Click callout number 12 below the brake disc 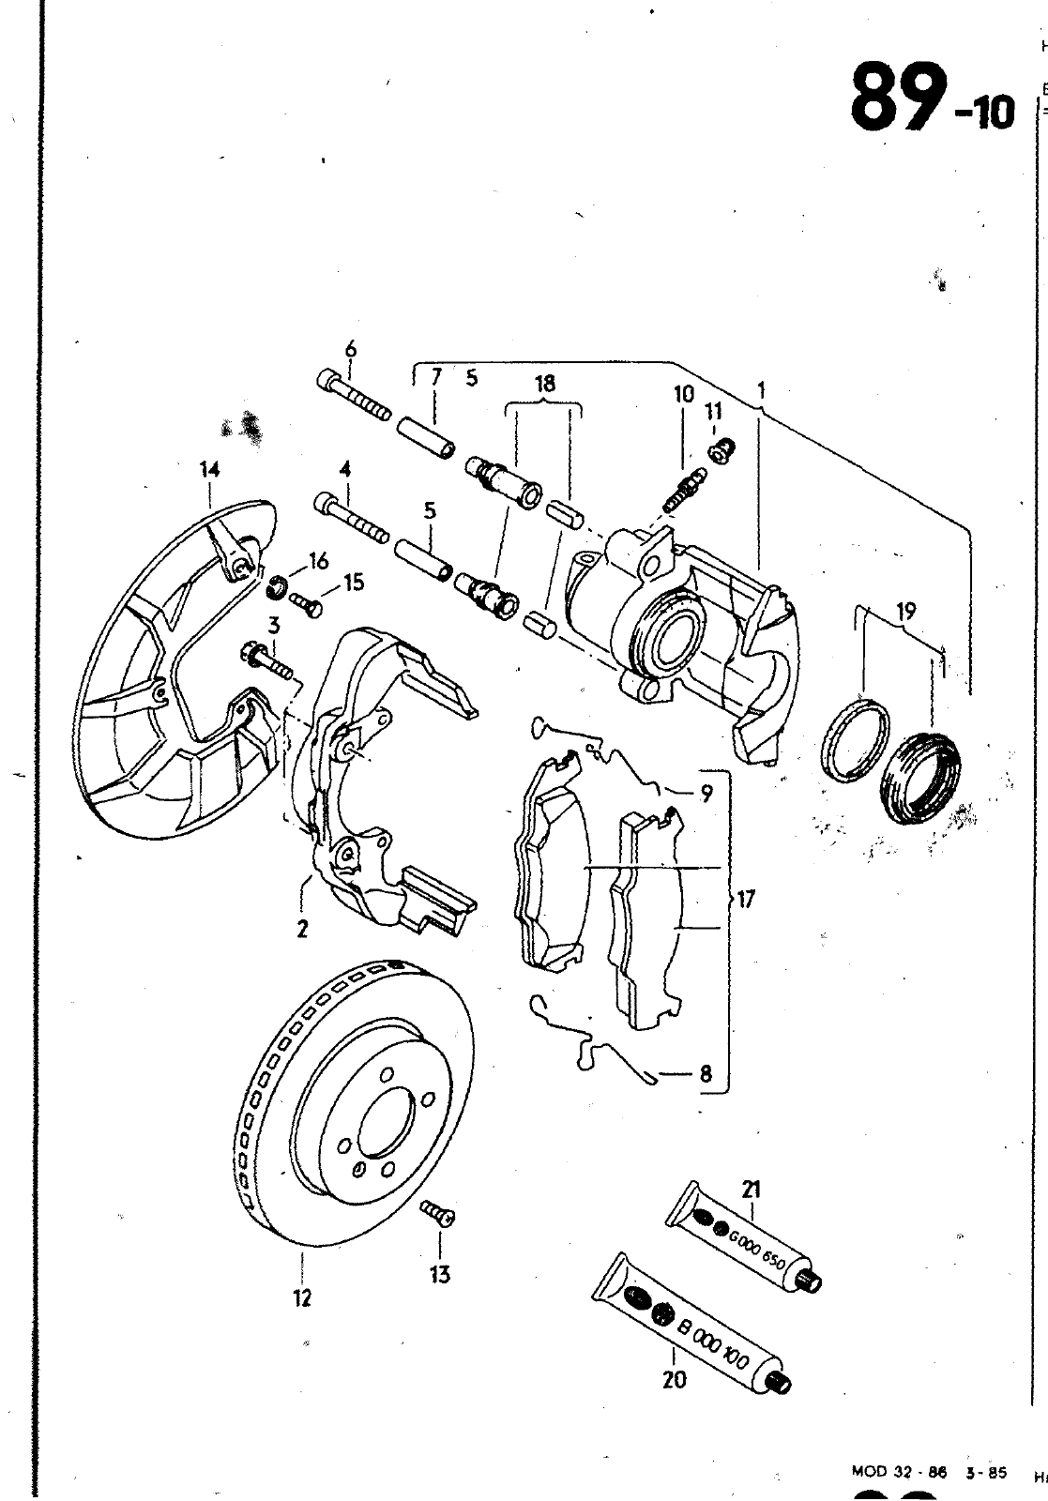tap(301, 1298)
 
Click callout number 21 tap(750, 1190)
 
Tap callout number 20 tap(674, 1379)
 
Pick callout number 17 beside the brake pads tap(746, 900)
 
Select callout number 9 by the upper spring tap(706, 794)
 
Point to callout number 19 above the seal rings tap(906, 613)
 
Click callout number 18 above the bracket tap(544, 383)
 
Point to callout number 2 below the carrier tap(302, 929)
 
